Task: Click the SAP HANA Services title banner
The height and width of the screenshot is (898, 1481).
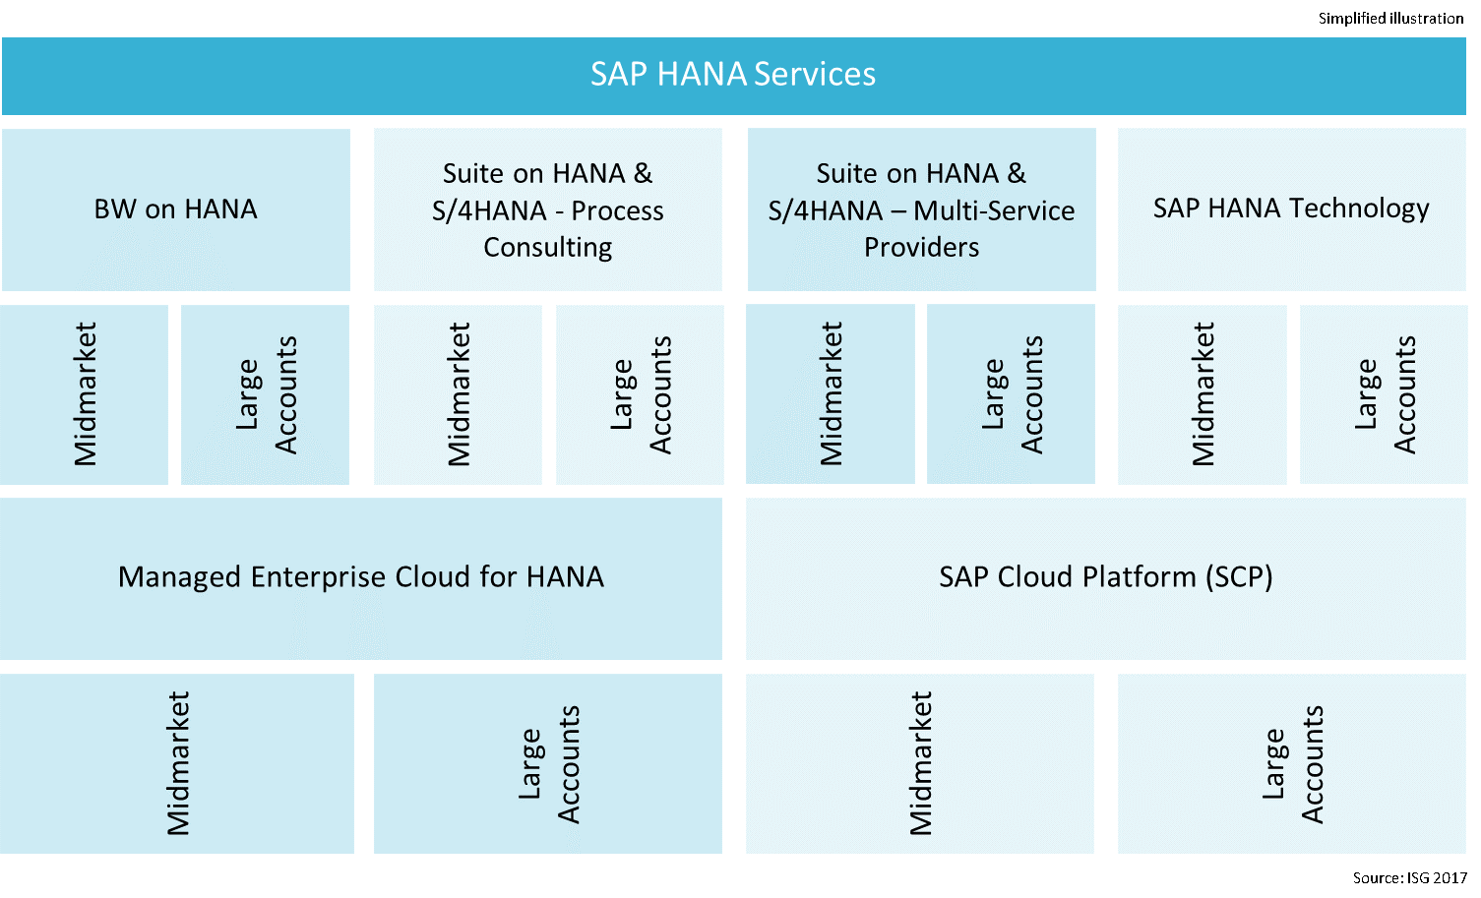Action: tap(733, 75)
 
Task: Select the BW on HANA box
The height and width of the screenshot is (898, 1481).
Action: tap(175, 209)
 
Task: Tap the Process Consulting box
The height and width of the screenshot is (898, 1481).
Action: tap(547, 209)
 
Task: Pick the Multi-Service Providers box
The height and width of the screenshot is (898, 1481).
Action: tap(921, 209)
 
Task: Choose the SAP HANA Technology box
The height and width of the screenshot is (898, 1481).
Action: tap(1291, 209)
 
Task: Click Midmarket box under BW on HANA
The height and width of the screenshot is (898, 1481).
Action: tap(85, 393)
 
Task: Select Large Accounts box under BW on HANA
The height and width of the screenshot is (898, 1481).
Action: tap(266, 393)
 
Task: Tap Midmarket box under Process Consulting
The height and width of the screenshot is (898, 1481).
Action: tap(458, 393)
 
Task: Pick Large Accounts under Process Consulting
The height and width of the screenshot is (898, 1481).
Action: tap(640, 393)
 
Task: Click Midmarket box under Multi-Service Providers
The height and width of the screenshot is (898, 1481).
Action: tap(831, 393)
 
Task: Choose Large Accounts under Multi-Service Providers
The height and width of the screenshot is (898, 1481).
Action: tap(1012, 393)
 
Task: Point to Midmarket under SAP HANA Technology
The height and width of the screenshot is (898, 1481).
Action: tap(1203, 393)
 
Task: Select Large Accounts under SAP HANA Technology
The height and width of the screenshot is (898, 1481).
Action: tap(1384, 393)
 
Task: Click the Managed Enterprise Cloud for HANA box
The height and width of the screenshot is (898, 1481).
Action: tap(360, 577)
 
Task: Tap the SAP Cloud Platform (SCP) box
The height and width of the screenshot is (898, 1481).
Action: tap(1105, 577)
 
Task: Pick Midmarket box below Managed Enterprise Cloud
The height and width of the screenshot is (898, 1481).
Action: tap(177, 763)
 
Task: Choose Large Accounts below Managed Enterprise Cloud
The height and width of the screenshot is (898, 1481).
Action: tap(548, 763)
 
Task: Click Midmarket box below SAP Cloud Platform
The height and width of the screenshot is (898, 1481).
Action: tap(920, 763)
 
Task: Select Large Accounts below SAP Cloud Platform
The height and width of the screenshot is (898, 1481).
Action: tap(1292, 763)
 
